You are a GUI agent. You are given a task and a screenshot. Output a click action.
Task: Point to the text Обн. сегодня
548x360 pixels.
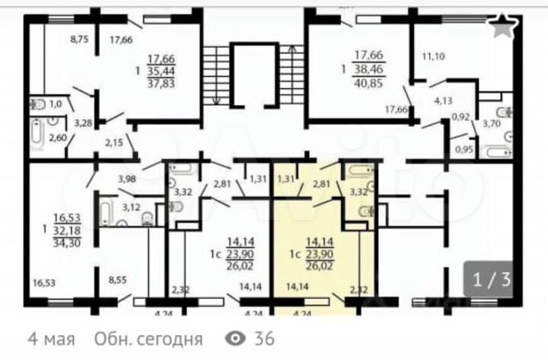(148, 338)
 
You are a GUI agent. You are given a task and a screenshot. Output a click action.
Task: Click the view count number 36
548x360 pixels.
(265, 338)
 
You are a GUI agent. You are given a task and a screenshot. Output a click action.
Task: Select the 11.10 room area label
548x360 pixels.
(432, 56)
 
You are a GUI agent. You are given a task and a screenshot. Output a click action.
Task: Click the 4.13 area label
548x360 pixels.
(444, 100)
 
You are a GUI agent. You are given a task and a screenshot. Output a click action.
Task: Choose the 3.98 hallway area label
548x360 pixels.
(128, 179)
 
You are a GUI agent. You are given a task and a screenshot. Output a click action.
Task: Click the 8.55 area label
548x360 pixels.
(118, 280)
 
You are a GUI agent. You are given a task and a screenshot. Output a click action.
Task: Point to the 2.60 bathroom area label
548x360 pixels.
(58, 138)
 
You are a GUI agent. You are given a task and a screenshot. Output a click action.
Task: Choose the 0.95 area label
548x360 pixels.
(463, 149)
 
